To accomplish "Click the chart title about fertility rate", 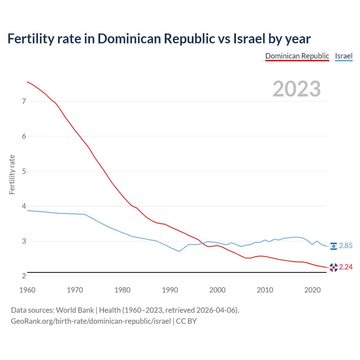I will coord(159,39).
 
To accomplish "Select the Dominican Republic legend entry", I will coord(297,56).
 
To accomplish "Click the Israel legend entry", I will coord(344,56).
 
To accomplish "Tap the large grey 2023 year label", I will coord(296,89).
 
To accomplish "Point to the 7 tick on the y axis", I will coord(24,101).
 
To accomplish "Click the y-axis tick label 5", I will coord(24,171).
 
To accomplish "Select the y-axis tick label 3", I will coord(24,241).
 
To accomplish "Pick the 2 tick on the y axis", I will coord(24,276).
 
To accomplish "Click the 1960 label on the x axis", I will coord(27,290).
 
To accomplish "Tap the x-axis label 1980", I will coord(122,290).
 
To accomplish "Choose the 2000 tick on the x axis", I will coord(217,290).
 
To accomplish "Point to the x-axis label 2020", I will coord(312,290).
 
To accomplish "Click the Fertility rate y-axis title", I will coord(12,174).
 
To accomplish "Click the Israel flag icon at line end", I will coord(334,246).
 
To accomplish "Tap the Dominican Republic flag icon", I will coord(334,267).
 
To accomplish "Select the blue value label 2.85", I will coord(346,246).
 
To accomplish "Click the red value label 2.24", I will coord(346,267).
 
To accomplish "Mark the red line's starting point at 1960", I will coord(27,82).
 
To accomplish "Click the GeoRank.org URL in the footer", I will coord(91,321).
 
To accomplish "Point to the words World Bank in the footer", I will coord(75,310).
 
